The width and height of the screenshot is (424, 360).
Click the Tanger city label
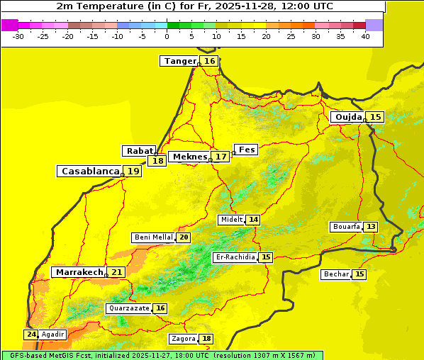pyautogui.click(x=180, y=61)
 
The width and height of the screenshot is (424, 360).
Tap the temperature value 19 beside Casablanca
pyautogui.click(x=133, y=171)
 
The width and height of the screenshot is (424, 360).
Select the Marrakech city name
pyautogui.click(x=78, y=272)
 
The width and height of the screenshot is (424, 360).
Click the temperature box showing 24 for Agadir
pyautogui.click(x=30, y=334)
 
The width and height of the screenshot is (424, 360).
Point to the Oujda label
pyautogui.click(x=348, y=117)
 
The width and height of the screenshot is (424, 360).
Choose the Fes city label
pyautogui.click(x=247, y=150)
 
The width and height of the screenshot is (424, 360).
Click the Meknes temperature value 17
pyautogui.click(x=221, y=156)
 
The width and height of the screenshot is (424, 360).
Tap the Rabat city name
pyautogui.click(x=139, y=151)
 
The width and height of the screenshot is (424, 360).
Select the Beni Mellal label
pyautogui.click(x=153, y=237)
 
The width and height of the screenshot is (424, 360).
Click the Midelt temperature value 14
pyautogui.click(x=253, y=220)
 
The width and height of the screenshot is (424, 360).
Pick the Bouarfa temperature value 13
pyautogui.click(x=371, y=227)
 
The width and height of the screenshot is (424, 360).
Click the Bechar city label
pyautogui.click(x=336, y=274)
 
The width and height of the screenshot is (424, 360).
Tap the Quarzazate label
pyautogui.click(x=128, y=308)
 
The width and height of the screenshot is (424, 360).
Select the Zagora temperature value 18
pyautogui.click(x=206, y=339)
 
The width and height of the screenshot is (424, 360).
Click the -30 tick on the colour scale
pyautogui.click(x=18, y=36)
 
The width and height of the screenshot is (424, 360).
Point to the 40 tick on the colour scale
pyautogui.click(x=365, y=36)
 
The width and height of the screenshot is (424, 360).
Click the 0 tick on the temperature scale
pyautogui.click(x=167, y=36)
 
